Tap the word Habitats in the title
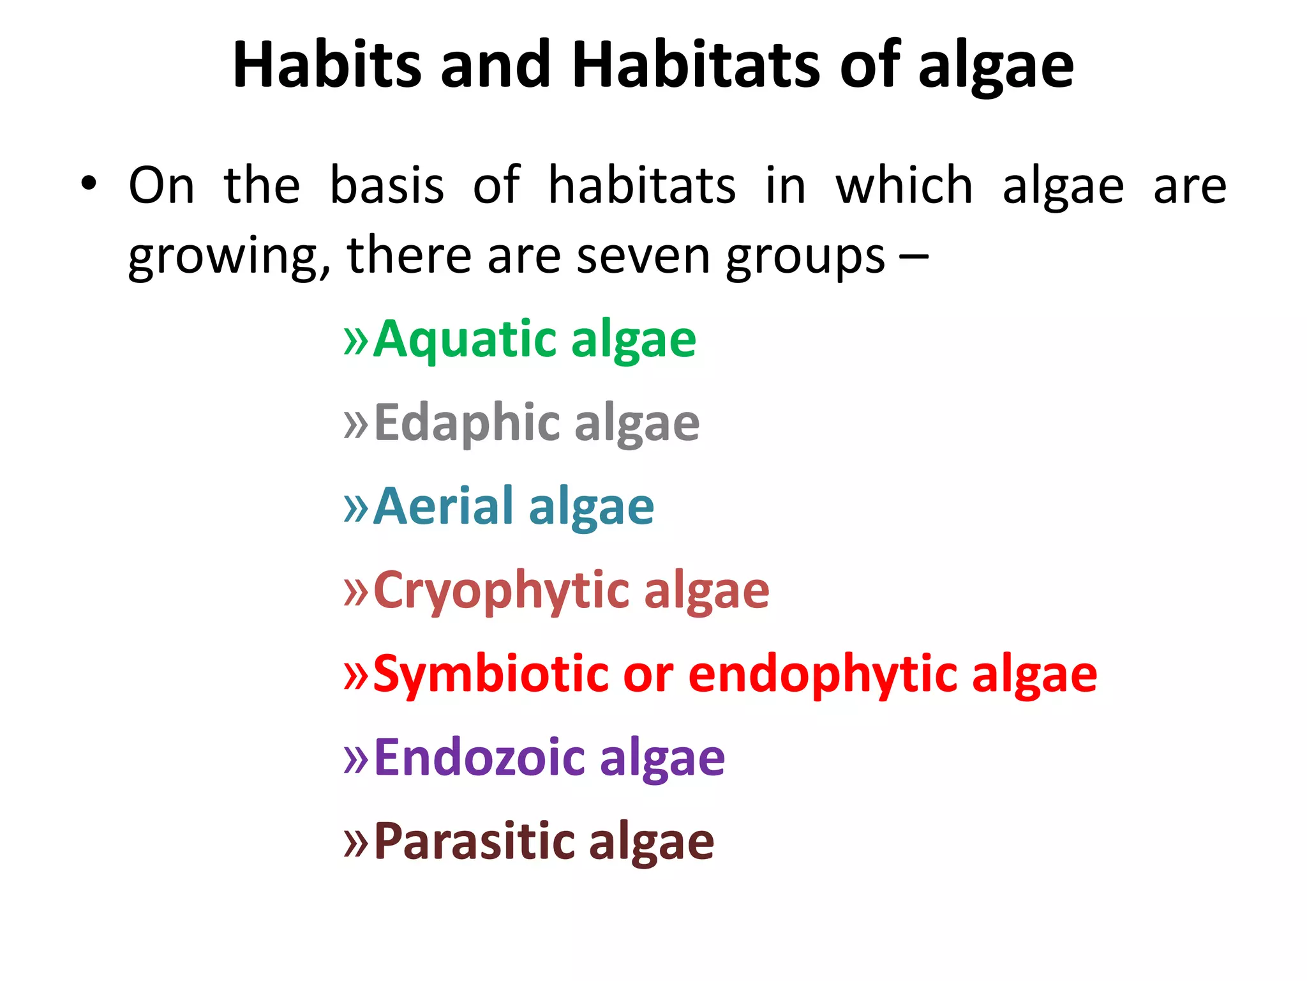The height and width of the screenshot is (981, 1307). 695,65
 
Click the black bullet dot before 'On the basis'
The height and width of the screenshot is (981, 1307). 89,184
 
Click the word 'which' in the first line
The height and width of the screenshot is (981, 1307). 904,185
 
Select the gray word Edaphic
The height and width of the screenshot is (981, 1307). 468,423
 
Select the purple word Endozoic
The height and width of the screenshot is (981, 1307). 479,758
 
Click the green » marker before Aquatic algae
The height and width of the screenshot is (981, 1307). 356,340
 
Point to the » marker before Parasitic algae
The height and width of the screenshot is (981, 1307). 356,842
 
